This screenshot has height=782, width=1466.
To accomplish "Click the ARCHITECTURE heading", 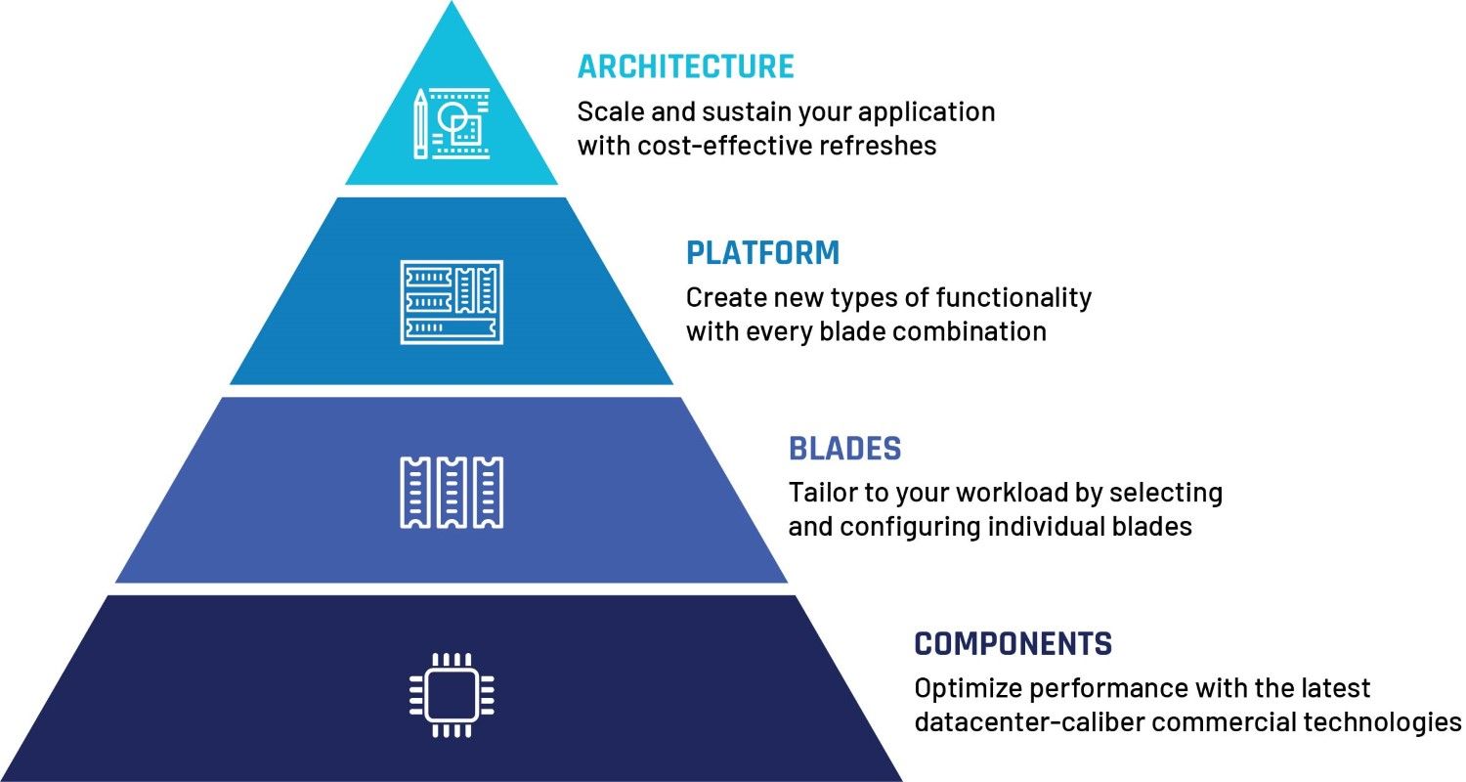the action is (x=686, y=66).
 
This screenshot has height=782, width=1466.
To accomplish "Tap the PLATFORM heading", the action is (x=762, y=253).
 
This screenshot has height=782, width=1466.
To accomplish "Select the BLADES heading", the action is (x=845, y=449).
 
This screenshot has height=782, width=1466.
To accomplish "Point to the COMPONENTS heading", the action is (x=1013, y=644).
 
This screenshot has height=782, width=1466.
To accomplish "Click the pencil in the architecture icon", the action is (x=420, y=124).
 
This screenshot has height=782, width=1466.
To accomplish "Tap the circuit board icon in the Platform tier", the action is (x=452, y=302).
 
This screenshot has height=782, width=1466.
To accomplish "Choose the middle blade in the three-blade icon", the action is (x=452, y=493).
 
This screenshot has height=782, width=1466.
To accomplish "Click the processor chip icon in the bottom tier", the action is (x=452, y=695).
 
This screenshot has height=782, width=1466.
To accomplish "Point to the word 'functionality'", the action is (x=1013, y=298).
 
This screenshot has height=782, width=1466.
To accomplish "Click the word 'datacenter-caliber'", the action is (x=1029, y=722).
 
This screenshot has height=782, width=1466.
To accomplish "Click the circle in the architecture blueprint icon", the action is (x=452, y=118).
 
